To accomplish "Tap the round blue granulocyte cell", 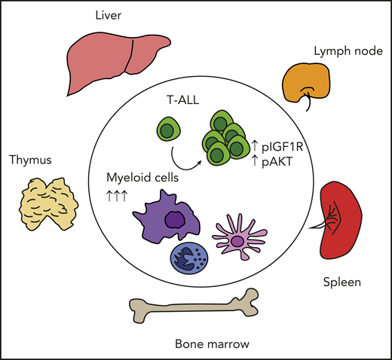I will (188, 261).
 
